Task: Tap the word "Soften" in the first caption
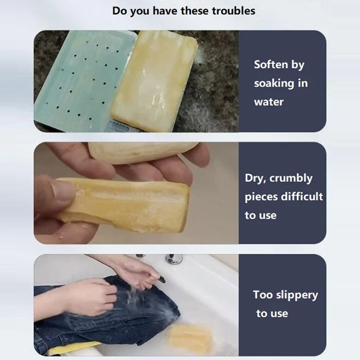click(x=271, y=64)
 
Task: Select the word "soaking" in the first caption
click(x=274, y=84)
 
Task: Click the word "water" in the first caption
click(x=269, y=102)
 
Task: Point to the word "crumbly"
click(x=291, y=178)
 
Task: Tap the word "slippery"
click(x=297, y=295)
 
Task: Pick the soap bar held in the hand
click(x=124, y=204)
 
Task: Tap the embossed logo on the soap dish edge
click(x=118, y=126)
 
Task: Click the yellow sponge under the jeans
click(x=73, y=348)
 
